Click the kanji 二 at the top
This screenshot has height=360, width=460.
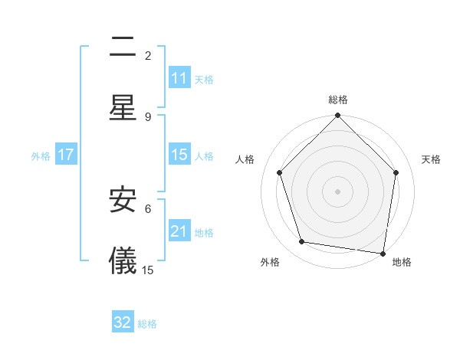pyautogui.click(x=123, y=48)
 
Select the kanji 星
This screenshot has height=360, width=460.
pyautogui.click(x=123, y=107)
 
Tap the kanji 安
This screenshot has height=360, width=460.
pyautogui.click(x=123, y=201)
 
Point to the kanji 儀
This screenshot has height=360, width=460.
pyautogui.click(x=123, y=260)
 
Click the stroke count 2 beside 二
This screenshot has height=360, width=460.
pyautogui.click(x=148, y=56)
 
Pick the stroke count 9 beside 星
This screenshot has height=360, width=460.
pyautogui.click(x=148, y=116)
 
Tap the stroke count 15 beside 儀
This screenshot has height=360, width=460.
pyautogui.click(x=148, y=270)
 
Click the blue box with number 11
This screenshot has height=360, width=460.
pyautogui.click(x=179, y=78)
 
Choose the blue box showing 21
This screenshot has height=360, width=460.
pyautogui.click(x=179, y=231)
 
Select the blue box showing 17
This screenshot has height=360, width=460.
pyautogui.click(x=65, y=155)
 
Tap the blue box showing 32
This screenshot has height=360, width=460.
pyautogui.click(x=123, y=322)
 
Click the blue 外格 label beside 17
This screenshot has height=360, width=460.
pyautogui.click(x=41, y=155)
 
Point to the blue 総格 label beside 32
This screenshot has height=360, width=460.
pyautogui.click(x=147, y=323)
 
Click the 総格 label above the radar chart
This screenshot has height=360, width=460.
pyautogui.click(x=338, y=100)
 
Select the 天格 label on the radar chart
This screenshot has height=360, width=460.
pyautogui.click(x=432, y=159)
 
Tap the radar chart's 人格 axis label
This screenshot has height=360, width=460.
pyautogui.click(x=245, y=159)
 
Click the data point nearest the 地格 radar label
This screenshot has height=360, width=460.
pyautogui.click(x=383, y=253)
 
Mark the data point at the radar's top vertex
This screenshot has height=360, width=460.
pyautogui.click(x=338, y=116)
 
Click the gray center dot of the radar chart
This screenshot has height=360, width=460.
pyautogui.click(x=338, y=191)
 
